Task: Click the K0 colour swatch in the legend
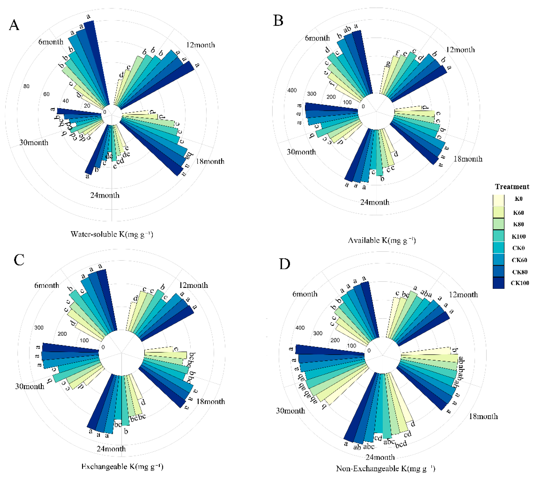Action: click(498, 200)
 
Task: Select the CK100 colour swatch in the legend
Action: click(498, 283)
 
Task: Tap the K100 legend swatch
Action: click(498, 236)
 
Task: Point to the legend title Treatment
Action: click(512, 187)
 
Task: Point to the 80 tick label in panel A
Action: click(26, 86)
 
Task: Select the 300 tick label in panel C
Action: click(39, 328)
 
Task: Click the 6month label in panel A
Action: click(51, 42)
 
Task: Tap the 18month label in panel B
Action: click(468, 159)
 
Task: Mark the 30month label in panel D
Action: click(291, 410)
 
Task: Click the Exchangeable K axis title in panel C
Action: click(122, 467)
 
